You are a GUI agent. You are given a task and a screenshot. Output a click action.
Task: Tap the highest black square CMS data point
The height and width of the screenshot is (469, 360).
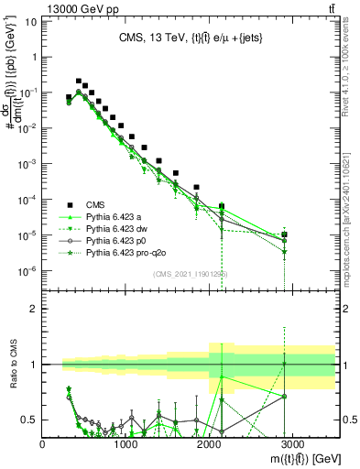coord(78,81)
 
